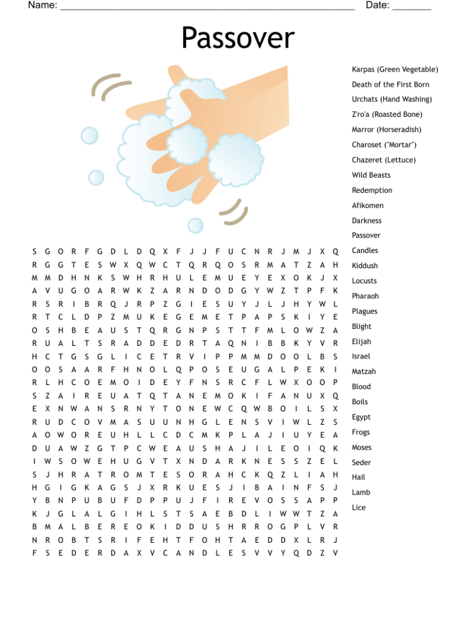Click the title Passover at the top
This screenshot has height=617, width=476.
238,38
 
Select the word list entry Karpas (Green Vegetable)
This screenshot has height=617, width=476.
395,69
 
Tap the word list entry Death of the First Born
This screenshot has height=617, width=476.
391,84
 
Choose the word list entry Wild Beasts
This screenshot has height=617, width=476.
371,175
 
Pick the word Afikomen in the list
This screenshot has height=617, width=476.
367,205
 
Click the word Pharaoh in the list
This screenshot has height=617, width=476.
365,296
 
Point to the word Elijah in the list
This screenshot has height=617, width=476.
361,342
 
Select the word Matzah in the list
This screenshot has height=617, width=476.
363,372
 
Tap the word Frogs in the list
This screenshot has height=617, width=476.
361,432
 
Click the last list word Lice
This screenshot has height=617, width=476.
359,507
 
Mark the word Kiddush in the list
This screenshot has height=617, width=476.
365,266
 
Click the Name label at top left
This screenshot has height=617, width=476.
42,5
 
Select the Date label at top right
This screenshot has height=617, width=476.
377,5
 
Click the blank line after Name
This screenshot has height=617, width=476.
207,7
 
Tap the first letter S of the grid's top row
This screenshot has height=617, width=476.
34,251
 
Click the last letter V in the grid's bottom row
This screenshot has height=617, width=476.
335,553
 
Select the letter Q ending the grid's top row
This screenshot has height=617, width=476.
335,251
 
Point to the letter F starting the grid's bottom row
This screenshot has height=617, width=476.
34,553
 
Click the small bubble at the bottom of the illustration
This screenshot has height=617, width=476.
196,225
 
